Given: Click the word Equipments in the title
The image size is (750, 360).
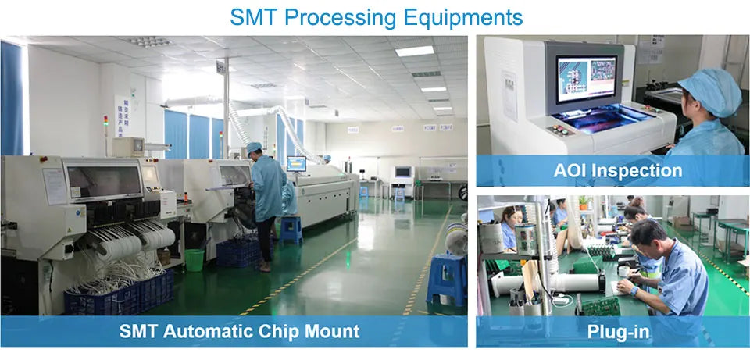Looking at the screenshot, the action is pos(463,18).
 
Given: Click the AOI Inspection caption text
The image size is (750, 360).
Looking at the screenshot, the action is pos(617,171).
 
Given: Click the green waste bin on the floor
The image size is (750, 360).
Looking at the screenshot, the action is pos(195,259).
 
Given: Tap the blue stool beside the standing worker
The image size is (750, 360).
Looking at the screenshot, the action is pos(291,230).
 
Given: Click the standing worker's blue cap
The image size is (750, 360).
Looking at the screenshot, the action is pos(255,146).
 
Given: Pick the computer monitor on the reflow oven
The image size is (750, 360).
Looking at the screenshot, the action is pos(296,163).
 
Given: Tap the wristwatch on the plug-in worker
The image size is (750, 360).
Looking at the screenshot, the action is pos(634,290).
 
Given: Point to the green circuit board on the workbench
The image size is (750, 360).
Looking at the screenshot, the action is pos(601,306).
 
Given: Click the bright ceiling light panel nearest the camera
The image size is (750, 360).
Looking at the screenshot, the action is pos(415,50).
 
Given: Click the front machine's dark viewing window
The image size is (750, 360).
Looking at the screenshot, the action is pos(104,180).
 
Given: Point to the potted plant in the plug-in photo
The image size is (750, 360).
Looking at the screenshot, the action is pos(583,202).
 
